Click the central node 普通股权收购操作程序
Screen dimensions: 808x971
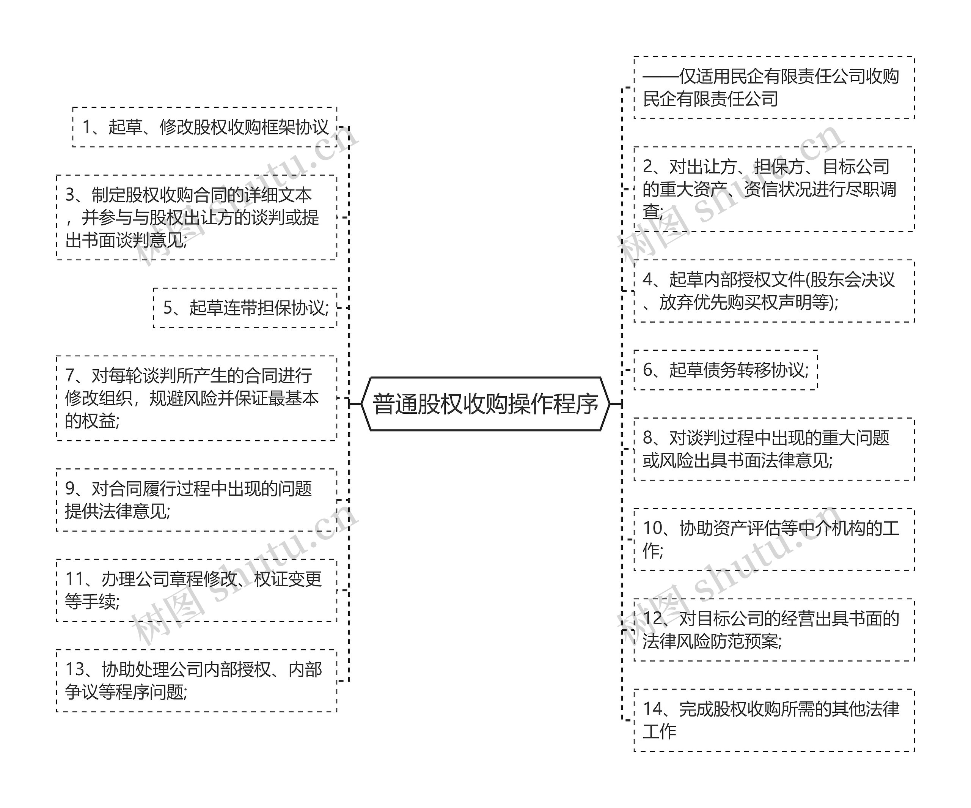[x=485, y=404]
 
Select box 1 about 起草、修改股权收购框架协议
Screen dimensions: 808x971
[x=205, y=127]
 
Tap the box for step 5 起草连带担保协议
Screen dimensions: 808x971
[x=245, y=308]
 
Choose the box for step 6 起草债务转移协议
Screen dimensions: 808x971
[x=726, y=370]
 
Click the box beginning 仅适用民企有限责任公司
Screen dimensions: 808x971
[x=774, y=87]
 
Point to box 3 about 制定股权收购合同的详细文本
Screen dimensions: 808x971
[x=196, y=217]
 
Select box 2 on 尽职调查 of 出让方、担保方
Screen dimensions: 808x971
[x=774, y=189]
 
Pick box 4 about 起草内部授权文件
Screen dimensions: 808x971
[x=774, y=291]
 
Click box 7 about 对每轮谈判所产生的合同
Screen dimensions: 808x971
[x=196, y=398]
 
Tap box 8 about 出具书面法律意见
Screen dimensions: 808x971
[x=774, y=449]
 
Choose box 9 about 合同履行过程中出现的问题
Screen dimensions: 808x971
[x=196, y=500]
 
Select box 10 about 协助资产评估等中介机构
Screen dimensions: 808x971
[x=774, y=539]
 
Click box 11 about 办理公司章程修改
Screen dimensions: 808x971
[x=196, y=590]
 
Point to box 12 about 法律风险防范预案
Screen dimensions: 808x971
[x=774, y=630]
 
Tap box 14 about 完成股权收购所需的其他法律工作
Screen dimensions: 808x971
[x=774, y=720]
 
